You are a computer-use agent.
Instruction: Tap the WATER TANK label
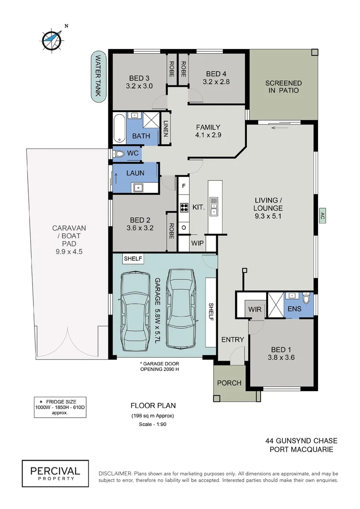98,76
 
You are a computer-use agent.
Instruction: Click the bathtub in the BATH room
119,128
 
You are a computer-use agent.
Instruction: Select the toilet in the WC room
118,154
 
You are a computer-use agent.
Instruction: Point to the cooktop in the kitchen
183,207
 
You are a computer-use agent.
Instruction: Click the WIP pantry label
197,243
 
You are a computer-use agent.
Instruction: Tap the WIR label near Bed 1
254,310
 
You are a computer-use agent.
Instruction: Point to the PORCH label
229,383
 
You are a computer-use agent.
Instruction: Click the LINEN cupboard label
165,129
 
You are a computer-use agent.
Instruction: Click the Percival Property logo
55,473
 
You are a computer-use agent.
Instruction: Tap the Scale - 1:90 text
152,424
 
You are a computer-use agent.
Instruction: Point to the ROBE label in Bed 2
172,231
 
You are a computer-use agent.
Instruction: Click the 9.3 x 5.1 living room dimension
268,216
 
